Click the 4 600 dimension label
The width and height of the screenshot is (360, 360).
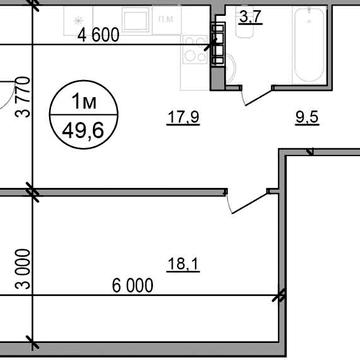point(98,35)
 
